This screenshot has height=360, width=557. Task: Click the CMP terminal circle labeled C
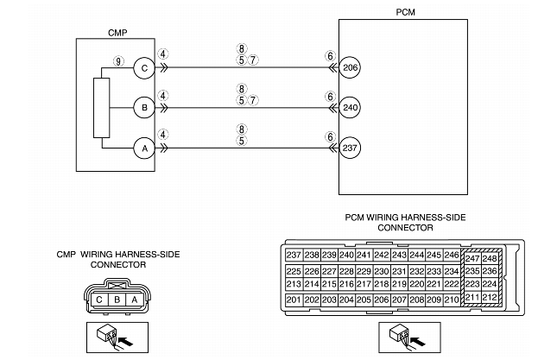[144, 68]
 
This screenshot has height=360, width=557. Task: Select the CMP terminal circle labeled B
[144, 108]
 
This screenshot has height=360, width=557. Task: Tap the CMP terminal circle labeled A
[144, 148]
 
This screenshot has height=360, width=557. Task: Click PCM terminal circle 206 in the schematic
[350, 67]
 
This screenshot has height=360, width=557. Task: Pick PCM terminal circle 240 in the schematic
[350, 108]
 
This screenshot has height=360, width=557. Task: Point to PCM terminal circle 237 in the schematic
[350, 148]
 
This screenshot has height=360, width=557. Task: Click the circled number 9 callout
[118, 61]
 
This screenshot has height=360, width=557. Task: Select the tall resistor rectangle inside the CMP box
[102, 108]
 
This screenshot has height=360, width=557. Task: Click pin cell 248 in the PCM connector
[490, 258]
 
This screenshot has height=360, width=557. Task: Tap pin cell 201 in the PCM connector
[294, 300]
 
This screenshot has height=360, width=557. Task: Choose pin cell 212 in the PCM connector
[490, 297]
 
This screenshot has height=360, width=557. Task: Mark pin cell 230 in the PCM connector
[382, 272]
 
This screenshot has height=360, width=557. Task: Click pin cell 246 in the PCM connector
[452, 256]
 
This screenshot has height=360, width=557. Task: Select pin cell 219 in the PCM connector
[399, 284]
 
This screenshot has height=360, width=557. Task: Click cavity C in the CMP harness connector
[99, 300]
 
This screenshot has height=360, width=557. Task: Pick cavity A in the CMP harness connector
[134, 300]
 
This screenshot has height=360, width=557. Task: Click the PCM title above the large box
[405, 12]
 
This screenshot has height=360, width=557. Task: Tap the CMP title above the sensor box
[117, 33]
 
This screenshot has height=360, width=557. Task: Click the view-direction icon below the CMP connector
[117, 338]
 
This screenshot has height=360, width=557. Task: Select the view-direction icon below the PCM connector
[409, 338]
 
